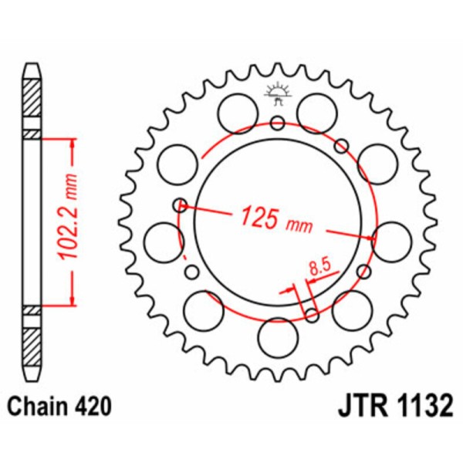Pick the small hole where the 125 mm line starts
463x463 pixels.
pos(181,204)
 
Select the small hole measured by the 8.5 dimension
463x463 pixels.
pos(312,313)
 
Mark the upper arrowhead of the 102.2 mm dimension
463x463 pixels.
pos(73,144)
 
